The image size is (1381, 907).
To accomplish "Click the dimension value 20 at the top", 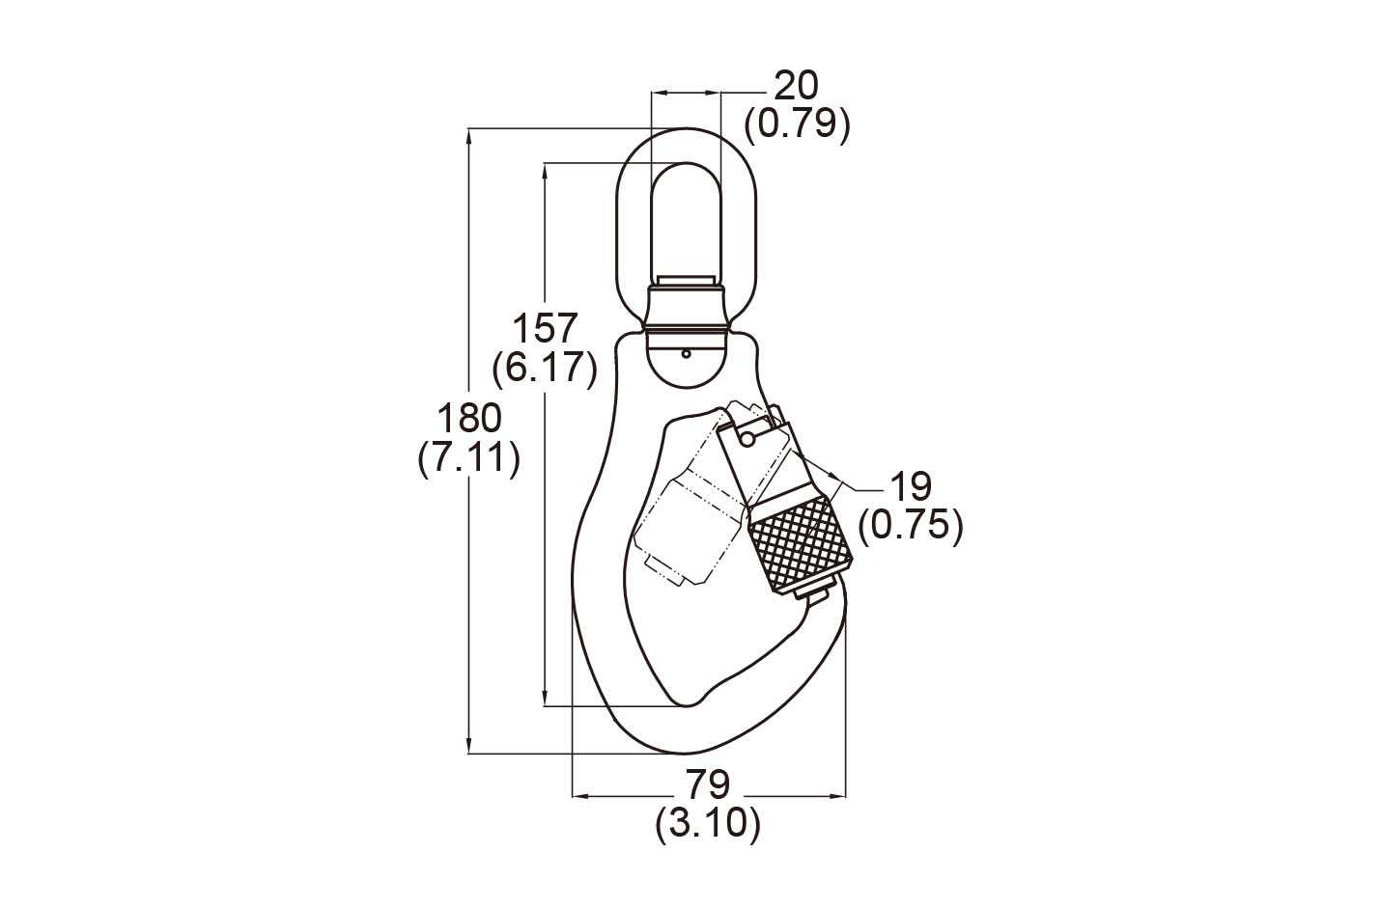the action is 796,86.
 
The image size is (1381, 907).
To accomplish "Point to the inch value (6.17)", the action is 545,369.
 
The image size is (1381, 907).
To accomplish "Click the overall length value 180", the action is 469,418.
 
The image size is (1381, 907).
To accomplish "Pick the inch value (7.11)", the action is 468,458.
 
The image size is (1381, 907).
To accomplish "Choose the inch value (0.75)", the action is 910,526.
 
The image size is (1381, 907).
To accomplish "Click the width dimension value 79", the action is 708,784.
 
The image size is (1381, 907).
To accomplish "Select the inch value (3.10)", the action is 708,824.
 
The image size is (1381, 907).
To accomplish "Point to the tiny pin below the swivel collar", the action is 686,354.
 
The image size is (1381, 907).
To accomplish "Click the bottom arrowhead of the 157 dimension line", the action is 545,699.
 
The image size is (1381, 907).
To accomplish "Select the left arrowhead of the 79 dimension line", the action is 581,797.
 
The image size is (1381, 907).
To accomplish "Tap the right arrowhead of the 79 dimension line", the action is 837,797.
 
